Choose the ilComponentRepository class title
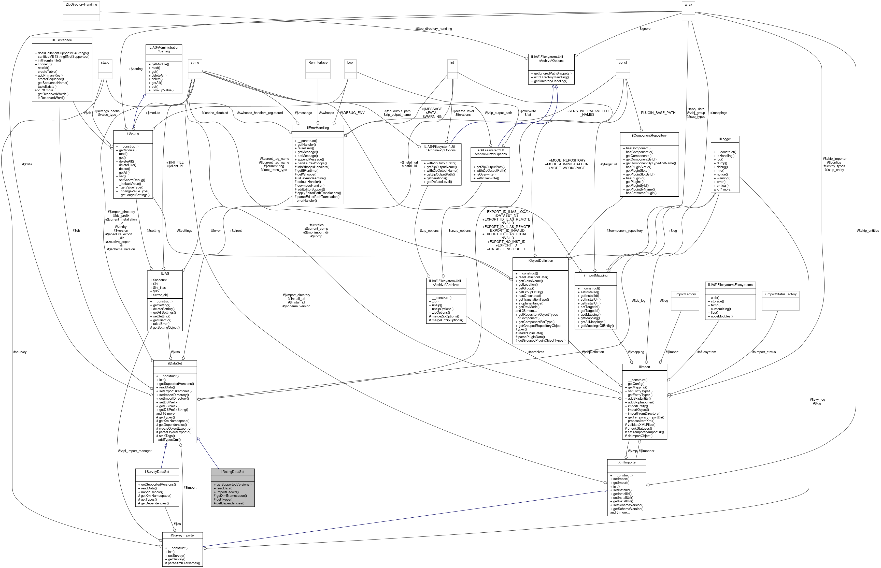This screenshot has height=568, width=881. pos(649,135)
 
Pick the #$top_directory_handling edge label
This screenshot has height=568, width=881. pos(433,28)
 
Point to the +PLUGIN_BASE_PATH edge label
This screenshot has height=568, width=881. pos(657,112)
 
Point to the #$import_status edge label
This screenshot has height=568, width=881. pos(764,352)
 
